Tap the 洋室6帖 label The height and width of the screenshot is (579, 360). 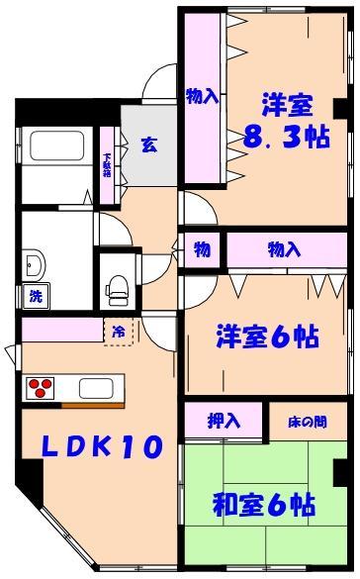(x=267, y=337)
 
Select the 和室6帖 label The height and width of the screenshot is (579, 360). (x=264, y=505)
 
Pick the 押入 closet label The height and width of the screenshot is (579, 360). (x=224, y=421)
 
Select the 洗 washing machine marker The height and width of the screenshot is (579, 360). (x=35, y=294)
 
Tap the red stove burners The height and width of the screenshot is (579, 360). (x=41, y=386)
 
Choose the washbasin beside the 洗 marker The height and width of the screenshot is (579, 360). (x=34, y=263)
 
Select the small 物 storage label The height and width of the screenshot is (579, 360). (x=201, y=249)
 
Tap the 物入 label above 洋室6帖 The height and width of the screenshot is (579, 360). (x=284, y=249)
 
